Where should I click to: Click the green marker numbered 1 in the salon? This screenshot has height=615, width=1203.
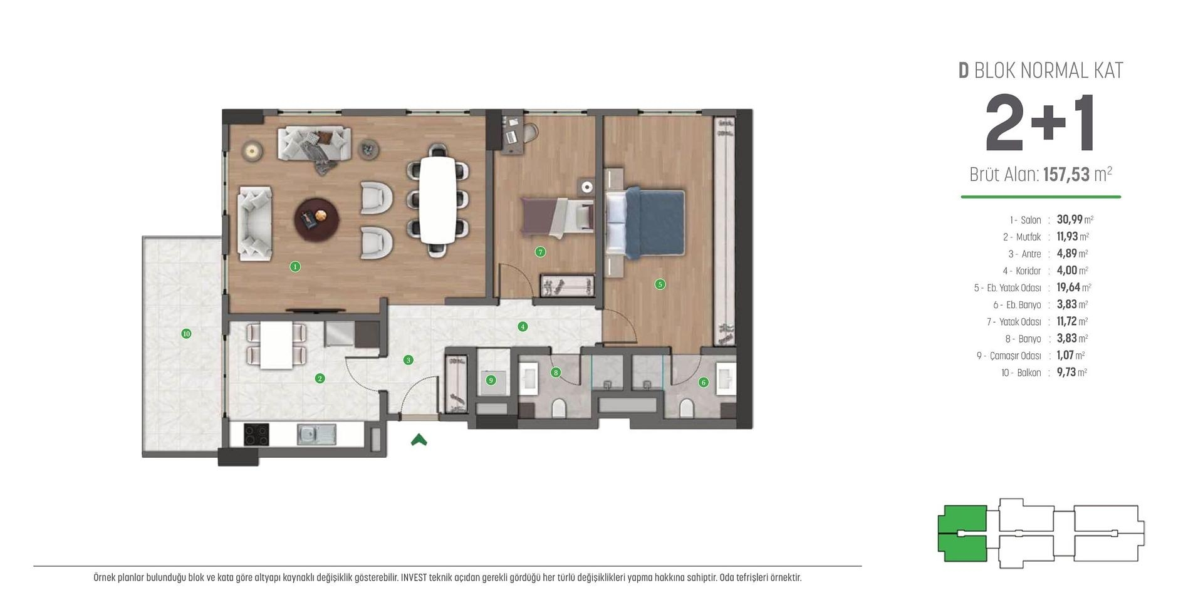click(x=295, y=267)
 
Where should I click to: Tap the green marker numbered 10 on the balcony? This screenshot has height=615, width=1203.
click(x=186, y=334)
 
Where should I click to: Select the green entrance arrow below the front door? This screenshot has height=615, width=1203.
click(x=419, y=440)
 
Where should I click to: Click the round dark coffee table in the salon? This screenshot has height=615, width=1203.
click(x=317, y=219)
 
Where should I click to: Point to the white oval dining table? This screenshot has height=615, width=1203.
click(x=437, y=200)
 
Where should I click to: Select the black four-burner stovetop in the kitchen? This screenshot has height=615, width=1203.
click(x=256, y=435)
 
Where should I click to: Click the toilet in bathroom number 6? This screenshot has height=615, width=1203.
click(x=687, y=409)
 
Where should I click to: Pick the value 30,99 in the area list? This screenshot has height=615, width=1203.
click(x=1069, y=220)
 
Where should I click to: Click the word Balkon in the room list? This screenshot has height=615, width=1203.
click(x=1029, y=373)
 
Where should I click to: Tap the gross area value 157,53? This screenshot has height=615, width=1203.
click(x=1066, y=175)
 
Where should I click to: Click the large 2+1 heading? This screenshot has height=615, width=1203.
click(x=1039, y=124)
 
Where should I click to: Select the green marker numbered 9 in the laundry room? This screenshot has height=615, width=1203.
click(x=491, y=380)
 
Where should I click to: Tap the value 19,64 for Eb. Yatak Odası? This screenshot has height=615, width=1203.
click(x=1068, y=287)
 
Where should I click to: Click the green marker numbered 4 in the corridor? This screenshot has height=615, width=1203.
click(x=523, y=326)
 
